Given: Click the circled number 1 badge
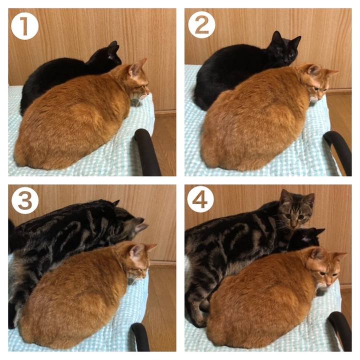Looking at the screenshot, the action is [x=24, y=26].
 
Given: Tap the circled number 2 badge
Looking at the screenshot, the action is [x=201, y=25].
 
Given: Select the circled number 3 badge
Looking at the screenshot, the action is [x=25, y=200].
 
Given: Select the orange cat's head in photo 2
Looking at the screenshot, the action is [x=318, y=82].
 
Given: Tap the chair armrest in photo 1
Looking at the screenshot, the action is [x=147, y=151].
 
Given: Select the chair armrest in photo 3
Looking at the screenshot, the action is [x=140, y=336].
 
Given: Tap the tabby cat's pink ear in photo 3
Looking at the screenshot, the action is [x=140, y=227].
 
